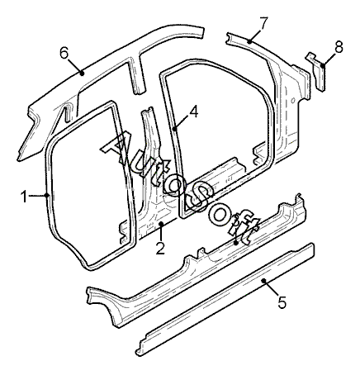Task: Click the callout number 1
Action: pyautogui.click(x=24, y=197)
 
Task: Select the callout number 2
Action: pyautogui.click(x=160, y=248)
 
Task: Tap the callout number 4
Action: pyautogui.click(x=193, y=112)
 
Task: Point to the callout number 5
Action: pyautogui.click(x=282, y=301)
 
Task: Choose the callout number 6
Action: pyautogui.click(x=64, y=53)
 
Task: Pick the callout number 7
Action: pyautogui.click(x=263, y=23)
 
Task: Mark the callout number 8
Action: pyautogui.click(x=339, y=46)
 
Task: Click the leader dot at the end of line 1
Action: pyautogui.click(x=47, y=196)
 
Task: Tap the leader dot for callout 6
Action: pyautogui.click(x=82, y=73)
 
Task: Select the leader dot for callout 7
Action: pyautogui.click(x=249, y=41)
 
